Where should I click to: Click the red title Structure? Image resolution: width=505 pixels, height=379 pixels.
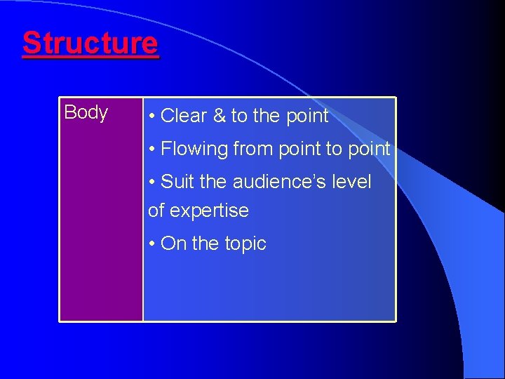click(x=90, y=44)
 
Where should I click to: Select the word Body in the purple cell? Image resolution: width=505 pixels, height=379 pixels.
click(x=86, y=112)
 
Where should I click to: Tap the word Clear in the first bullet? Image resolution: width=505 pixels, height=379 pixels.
click(x=184, y=116)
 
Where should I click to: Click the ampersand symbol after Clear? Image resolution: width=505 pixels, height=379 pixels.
click(x=219, y=116)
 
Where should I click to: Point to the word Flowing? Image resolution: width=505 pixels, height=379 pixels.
click(x=194, y=149)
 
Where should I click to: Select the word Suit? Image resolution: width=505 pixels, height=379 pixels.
click(x=177, y=182)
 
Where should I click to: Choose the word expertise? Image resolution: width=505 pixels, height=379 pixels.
click(x=217, y=211)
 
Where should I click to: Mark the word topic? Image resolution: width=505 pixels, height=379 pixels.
click(x=245, y=244)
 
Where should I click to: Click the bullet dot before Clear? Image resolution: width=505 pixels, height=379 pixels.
click(x=152, y=117)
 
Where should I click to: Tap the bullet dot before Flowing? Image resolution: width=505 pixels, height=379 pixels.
click(x=152, y=149)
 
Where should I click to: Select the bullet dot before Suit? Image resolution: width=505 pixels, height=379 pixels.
click(x=152, y=182)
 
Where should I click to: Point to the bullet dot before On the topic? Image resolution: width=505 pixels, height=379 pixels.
click(x=152, y=244)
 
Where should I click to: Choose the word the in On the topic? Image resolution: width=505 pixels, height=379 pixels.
click(x=206, y=244)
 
